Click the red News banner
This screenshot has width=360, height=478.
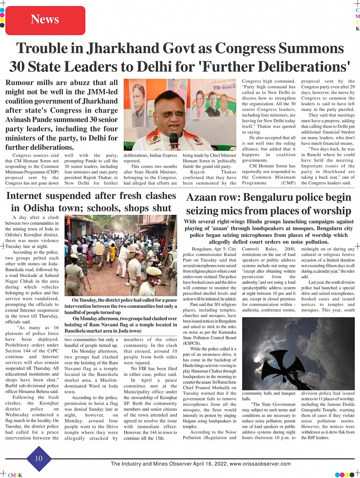[45, 20]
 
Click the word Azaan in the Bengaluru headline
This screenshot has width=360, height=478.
[203, 198]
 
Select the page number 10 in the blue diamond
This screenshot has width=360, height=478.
[39, 458]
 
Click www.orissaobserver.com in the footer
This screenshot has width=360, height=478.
[260, 464]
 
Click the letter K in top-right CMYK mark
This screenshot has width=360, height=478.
[357, 29]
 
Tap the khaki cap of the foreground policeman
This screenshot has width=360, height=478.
[154, 271]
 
